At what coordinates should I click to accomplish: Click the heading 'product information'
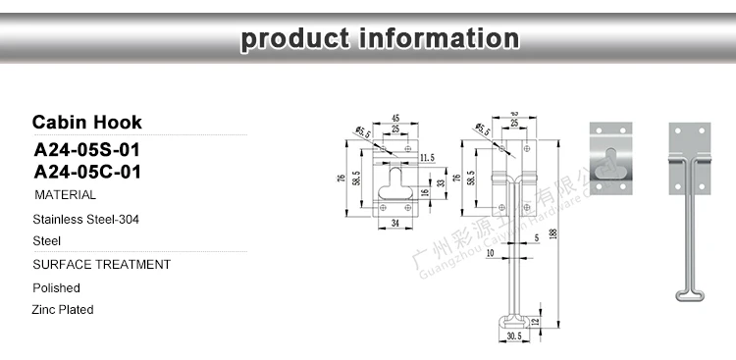(x=381, y=39)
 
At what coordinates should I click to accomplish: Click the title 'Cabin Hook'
(x=86, y=123)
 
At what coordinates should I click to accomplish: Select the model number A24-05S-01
(x=88, y=151)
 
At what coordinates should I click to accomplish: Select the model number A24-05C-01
(x=88, y=173)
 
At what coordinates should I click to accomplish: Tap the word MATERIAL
(x=65, y=196)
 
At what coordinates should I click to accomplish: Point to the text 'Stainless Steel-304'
(x=85, y=220)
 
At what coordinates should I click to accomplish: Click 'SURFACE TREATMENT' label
(x=101, y=265)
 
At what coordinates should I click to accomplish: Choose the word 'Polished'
(x=56, y=288)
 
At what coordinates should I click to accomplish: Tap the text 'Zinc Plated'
(x=63, y=310)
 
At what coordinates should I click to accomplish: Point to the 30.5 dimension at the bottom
(x=514, y=336)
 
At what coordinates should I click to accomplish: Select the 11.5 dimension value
(x=426, y=157)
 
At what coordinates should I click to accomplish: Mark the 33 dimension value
(x=441, y=181)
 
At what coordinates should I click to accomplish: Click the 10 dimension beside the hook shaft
(x=490, y=253)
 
